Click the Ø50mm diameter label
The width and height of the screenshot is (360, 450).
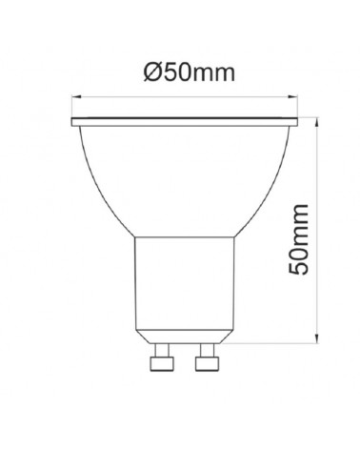click(190, 72)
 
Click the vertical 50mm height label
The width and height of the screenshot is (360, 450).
click(298, 239)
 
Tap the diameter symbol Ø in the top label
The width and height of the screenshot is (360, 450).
click(153, 72)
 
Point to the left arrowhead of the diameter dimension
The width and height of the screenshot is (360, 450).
click(76, 97)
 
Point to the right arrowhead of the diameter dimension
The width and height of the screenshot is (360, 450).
click(293, 97)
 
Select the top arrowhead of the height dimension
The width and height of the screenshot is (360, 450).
click(317, 122)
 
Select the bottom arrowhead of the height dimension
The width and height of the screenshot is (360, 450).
click(317, 338)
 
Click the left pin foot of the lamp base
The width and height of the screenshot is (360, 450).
click(162, 363)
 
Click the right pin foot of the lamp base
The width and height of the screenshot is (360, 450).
click(208, 363)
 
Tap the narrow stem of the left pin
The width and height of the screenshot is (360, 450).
click(162, 350)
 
